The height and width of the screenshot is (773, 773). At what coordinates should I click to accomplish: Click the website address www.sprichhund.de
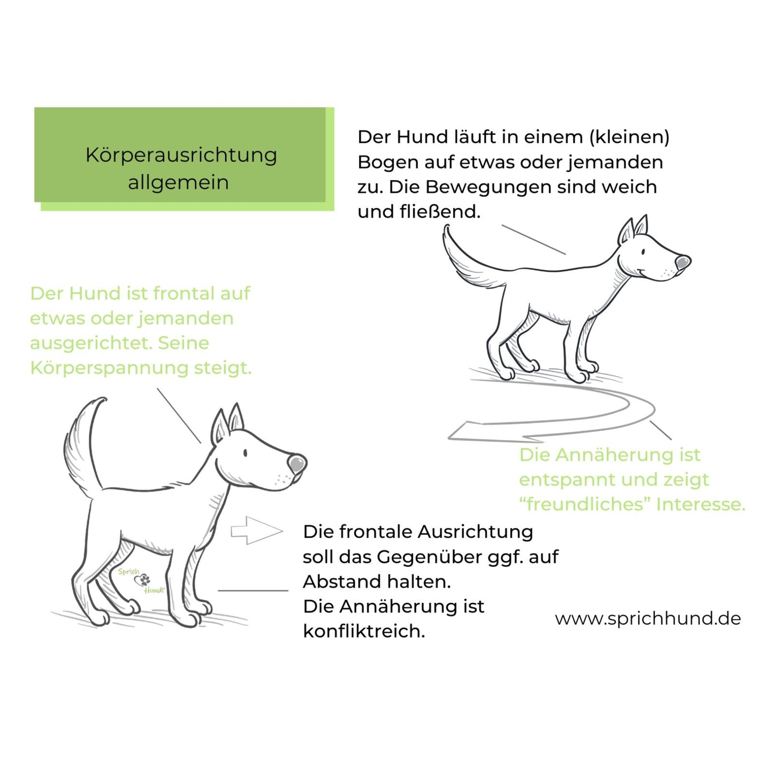[x=648, y=618]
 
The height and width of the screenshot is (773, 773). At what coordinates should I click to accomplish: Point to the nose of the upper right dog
[x=683, y=263]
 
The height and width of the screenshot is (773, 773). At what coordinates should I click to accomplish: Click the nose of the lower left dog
[x=296, y=463]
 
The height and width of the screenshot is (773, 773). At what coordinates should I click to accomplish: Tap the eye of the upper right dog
[x=643, y=252]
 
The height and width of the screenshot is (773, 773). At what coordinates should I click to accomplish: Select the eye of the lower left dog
[x=245, y=453]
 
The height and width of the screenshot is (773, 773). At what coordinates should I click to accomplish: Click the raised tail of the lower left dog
[x=80, y=445]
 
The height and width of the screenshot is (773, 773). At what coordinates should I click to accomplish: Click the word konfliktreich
[x=364, y=631]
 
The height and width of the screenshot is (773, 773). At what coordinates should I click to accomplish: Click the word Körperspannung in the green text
[x=109, y=368]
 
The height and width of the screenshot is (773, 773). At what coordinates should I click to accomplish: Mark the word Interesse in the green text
[x=700, y=504]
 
